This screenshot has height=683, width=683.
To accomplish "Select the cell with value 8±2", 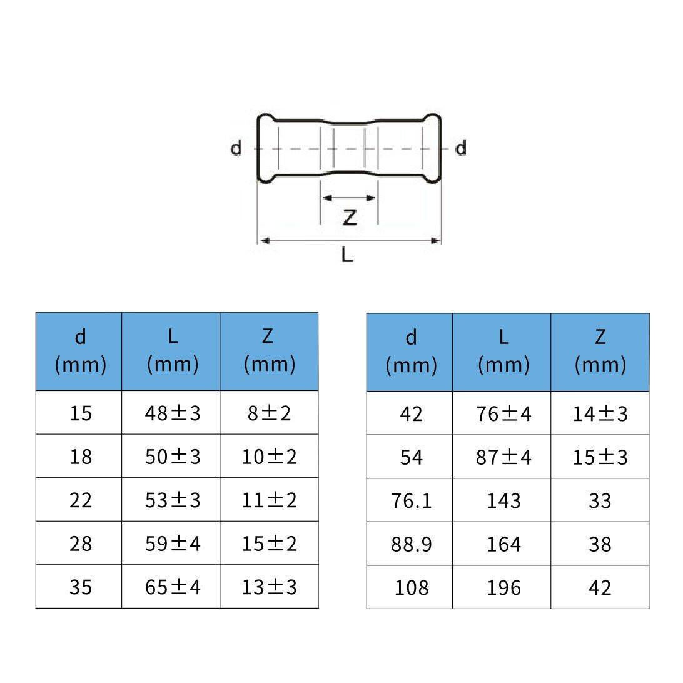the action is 269,412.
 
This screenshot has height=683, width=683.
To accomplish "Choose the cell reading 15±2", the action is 269,543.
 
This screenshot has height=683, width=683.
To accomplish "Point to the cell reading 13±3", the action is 269,586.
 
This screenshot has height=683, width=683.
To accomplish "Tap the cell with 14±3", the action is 600,413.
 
